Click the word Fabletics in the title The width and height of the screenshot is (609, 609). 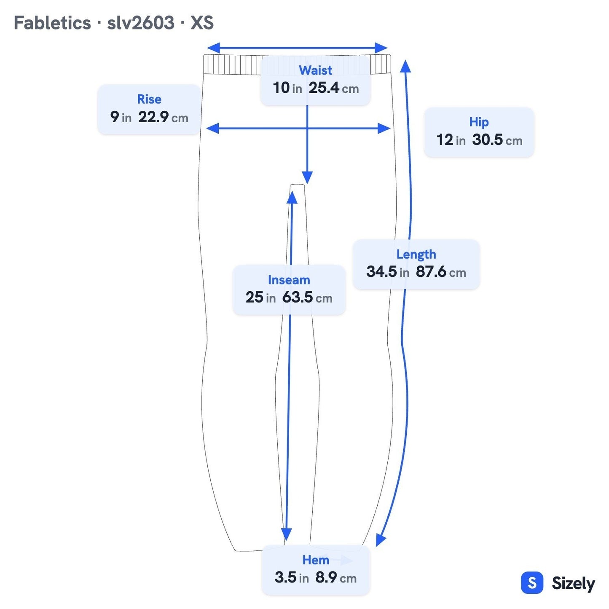point(52,23)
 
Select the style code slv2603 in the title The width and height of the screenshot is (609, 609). point(141,23)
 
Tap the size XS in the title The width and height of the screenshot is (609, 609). point(202,23)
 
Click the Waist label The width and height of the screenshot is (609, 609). point(315,70)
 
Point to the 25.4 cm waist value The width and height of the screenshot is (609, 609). point(334,88)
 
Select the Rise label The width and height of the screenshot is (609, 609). point(149,99)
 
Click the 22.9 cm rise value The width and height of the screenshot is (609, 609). point(163,117)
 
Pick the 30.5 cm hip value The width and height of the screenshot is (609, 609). point(497,140)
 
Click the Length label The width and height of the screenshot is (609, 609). point(416,255)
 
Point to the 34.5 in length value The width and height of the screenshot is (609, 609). point(387,272)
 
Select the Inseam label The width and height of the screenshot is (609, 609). point(289,280)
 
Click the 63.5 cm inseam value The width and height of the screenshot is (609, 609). point(307,298)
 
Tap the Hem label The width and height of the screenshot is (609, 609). point(315,560)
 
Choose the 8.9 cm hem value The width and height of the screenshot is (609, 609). point(335,578)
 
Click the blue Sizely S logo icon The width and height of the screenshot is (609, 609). point(532,582)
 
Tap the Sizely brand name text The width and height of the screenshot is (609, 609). point(573,583)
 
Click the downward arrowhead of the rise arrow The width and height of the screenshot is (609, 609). point(307,177)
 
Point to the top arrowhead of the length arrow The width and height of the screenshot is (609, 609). point(405,66)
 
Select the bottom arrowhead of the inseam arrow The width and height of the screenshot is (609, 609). point(286,534)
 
